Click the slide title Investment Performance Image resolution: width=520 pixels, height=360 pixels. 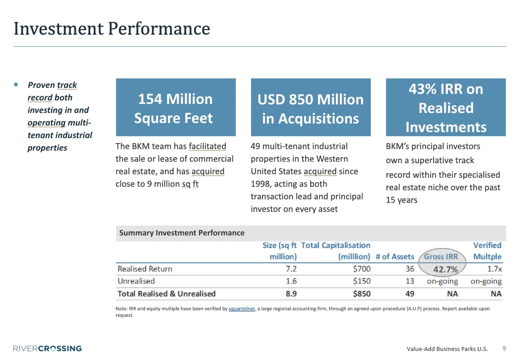tap(111, 29)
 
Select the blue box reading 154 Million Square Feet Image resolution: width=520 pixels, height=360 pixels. tap(175, 108)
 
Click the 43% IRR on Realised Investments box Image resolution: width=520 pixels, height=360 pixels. tap(446, 108)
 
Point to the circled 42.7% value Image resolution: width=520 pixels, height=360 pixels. tap(446, 270)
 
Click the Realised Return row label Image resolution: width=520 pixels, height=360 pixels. tap(145, 269)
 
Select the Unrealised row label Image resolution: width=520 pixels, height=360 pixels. tap(136, 281)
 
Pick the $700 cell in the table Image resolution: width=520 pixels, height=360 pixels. tap(361, 269)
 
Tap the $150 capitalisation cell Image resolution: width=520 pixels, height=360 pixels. tap(361, 281)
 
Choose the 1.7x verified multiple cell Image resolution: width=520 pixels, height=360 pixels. tap(494, 269)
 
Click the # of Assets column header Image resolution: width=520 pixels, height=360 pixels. tap(395, 257)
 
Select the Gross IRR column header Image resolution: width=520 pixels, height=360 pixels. tap(441, 257)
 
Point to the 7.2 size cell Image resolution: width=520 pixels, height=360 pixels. tap(291, 269)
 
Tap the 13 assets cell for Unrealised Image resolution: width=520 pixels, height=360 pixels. tap(410, 281)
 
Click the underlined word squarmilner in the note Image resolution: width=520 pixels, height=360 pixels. tap(241, 309)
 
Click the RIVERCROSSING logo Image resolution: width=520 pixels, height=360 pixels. tap(47, 348)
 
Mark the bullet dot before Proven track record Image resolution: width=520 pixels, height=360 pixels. tap(17, 84)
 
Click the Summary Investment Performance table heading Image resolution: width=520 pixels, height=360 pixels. tap(182, 233)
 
